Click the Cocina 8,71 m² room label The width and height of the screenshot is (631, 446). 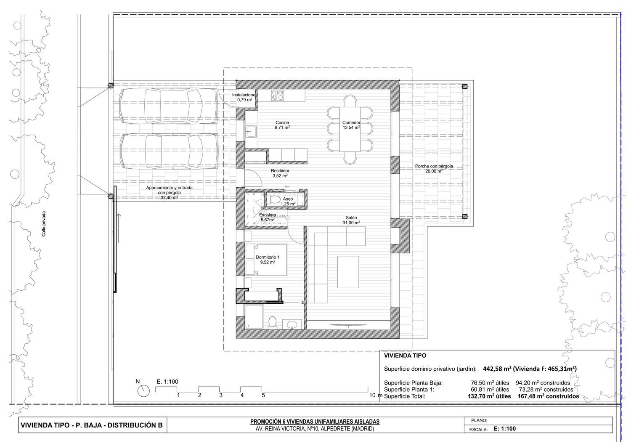click(x=282, y=125)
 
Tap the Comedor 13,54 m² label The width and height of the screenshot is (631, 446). click(x=351, y=125)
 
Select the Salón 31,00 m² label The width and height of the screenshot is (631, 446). click(x=351, y=220)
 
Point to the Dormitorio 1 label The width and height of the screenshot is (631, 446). click(x=268, y=260)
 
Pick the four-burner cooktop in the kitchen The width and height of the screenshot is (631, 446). click(x=277, y=95)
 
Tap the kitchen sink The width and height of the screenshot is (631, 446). click(x=250, y=131)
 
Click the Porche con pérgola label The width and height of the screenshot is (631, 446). click(x=434, y=168)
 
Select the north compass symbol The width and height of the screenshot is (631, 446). click(x=143, y=391)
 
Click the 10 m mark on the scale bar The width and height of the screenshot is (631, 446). click(x=376, y=395)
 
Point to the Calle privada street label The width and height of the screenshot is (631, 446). click(x=44, y=224)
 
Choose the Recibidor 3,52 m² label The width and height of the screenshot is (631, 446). click(x=280, y=173)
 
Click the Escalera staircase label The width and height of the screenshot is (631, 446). click(x=267, y=217)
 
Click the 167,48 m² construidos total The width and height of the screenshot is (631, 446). click(x=548, y=396)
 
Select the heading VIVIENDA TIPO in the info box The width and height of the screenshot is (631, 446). click(x=405, y=356)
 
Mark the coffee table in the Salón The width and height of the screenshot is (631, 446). click(x=348, y=272)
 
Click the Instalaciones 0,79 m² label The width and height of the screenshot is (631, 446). click(x=244, y=97)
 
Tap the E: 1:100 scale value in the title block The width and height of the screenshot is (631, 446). click(x=505, y=429)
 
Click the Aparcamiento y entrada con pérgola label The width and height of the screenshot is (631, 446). click(x=169, y=192)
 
